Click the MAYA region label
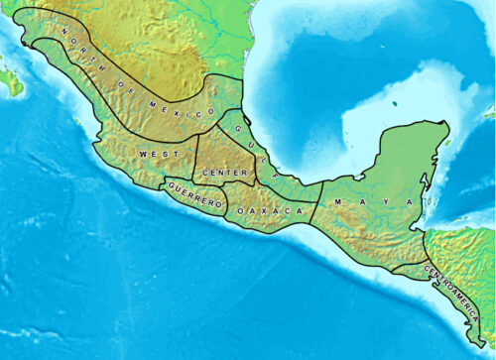point(373,202)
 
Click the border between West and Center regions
point(195,159)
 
